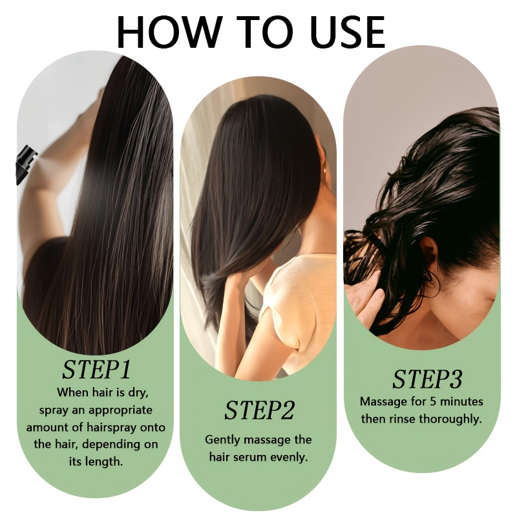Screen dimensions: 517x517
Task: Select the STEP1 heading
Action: (x=96, y=370)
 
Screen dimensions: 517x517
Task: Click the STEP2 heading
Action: (x=259, y=410)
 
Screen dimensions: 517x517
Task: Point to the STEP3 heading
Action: (x=427, y=379)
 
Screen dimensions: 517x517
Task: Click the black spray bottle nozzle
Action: (x=26, y=164)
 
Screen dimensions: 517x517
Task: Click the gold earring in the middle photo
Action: (x=324, y=169)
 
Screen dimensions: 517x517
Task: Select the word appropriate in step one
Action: (x=120, y=410)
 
